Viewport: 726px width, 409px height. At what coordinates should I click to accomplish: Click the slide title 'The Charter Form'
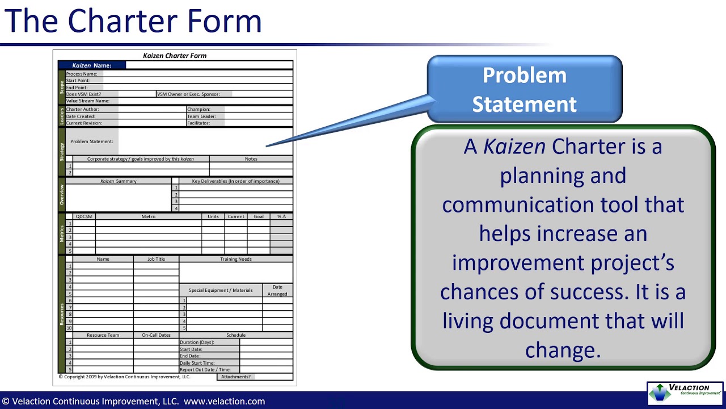click(133, 21)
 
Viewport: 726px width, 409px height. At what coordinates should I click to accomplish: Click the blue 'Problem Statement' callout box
click(524, 89)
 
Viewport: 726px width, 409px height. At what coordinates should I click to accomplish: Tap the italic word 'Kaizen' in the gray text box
click(514, 147)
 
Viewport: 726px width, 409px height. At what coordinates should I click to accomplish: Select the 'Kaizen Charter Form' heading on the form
click(175, 56)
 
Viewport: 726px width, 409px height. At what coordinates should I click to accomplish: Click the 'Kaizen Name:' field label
click(92, 65)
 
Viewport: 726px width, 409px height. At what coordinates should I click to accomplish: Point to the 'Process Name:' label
click(82, 74)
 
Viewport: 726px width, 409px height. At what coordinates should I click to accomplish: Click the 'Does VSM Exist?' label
click(84, 94)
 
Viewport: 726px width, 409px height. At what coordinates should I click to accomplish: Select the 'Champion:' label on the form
click(199, 109)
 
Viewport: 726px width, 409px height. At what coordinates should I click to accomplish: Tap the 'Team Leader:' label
click(201, 116)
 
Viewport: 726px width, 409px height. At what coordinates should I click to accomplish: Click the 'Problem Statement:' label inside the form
click(92, 141)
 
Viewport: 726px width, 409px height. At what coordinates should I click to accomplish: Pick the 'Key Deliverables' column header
click(235, 181)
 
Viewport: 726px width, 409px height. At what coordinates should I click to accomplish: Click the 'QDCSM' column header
click(84, 216)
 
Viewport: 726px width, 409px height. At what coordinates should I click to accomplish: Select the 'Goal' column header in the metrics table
click(259, 216)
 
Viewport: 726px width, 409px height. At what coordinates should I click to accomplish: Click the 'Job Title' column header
click(156, 259)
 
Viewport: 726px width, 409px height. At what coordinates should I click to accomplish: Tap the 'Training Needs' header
click(236, 259)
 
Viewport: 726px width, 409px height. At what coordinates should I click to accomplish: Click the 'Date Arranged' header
click(277, 290)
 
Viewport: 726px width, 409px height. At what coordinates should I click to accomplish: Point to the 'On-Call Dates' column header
click(156, 335)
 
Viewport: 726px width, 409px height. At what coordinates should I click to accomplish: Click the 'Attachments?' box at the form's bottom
click(236, 377)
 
